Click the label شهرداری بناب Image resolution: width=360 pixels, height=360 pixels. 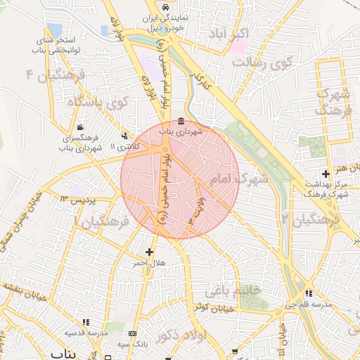(x=182, y=131)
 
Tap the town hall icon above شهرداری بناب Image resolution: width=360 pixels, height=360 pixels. (x=182, y=120)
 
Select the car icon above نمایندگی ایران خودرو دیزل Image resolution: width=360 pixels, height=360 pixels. (x=165, y=6)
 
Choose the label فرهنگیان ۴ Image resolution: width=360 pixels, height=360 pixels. (x=55, y=75)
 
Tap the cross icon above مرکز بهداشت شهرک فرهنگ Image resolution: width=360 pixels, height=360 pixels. (x=325, y=174)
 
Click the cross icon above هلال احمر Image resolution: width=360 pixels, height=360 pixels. (x=149, y=251)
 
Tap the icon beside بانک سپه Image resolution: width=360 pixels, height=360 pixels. (x=134, y=333)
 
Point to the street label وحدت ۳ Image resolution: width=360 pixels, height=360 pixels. (x=195, y=207)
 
